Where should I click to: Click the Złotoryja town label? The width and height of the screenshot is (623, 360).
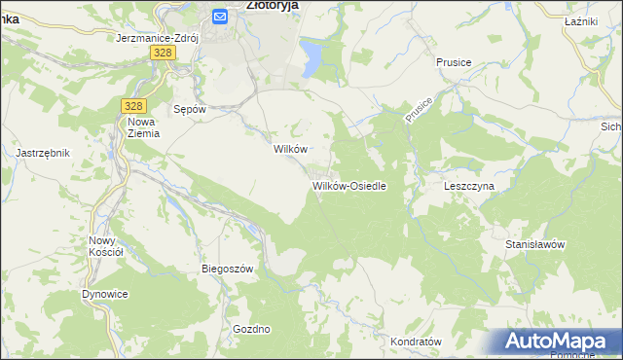click(x=272, y=5)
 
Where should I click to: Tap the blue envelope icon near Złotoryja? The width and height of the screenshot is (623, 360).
click(x=220, y=16)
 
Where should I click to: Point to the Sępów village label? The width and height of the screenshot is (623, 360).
click(x=189, y=110)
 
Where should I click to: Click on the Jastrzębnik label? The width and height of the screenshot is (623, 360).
click(x=43, y=153)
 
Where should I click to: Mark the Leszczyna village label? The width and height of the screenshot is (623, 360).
click(x=469, y=185)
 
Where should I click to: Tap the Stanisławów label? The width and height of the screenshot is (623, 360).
click(x=534, y=244)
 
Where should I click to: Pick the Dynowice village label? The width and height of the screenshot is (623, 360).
click(x=105, y=293)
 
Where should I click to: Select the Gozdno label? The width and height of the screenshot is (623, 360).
click(x=251, y=329)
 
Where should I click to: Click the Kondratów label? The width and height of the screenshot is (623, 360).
click(x=416, y=342)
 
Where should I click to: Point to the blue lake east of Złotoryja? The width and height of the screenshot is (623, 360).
click(x=311, y=57)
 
